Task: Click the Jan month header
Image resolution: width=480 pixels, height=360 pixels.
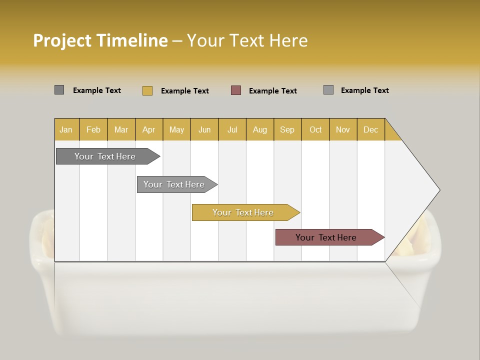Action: click(x=66, y=129)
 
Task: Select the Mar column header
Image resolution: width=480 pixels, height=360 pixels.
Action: click(x=121, y=129)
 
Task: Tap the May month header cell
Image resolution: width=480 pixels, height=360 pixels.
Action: click(x=176, y=129)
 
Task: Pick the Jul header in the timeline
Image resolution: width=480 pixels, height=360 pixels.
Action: click(x=232, y=129)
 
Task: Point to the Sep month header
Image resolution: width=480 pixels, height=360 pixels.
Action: click(x=287, y=129)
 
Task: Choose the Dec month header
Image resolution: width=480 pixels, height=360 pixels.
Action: click(x=370, y=129)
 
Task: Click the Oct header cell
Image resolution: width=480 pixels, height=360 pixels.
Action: click(x=315, y=129)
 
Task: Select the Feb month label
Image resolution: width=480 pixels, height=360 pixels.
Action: click(x=93, y=129)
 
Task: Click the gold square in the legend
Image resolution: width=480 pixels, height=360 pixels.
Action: click(x=147, y=90)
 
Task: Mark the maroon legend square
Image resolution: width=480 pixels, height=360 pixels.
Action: click(x=236, y=90)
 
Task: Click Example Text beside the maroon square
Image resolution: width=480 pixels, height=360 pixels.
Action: click(x=273, y=91)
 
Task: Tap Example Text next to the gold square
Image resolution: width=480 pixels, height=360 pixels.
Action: click(x=185, y=91)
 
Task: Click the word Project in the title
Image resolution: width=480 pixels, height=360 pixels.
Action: click(x=62, y=40)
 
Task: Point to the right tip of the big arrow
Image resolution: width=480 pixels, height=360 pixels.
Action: click(x=438, y=190)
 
